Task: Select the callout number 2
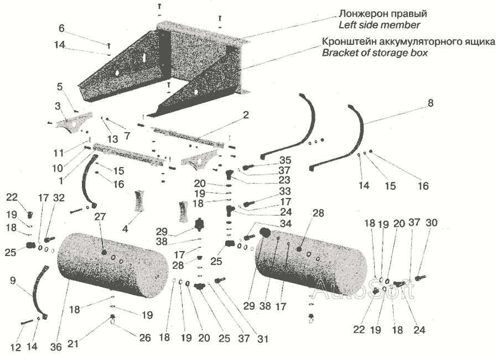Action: [x=246, y=116]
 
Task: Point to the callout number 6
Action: [x=61, y=28]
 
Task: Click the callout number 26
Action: [x=145, y=338]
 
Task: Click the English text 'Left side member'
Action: [x=379, y=25]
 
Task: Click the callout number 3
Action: [x=57, y=105]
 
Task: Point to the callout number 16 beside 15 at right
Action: [x=423, y=186]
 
